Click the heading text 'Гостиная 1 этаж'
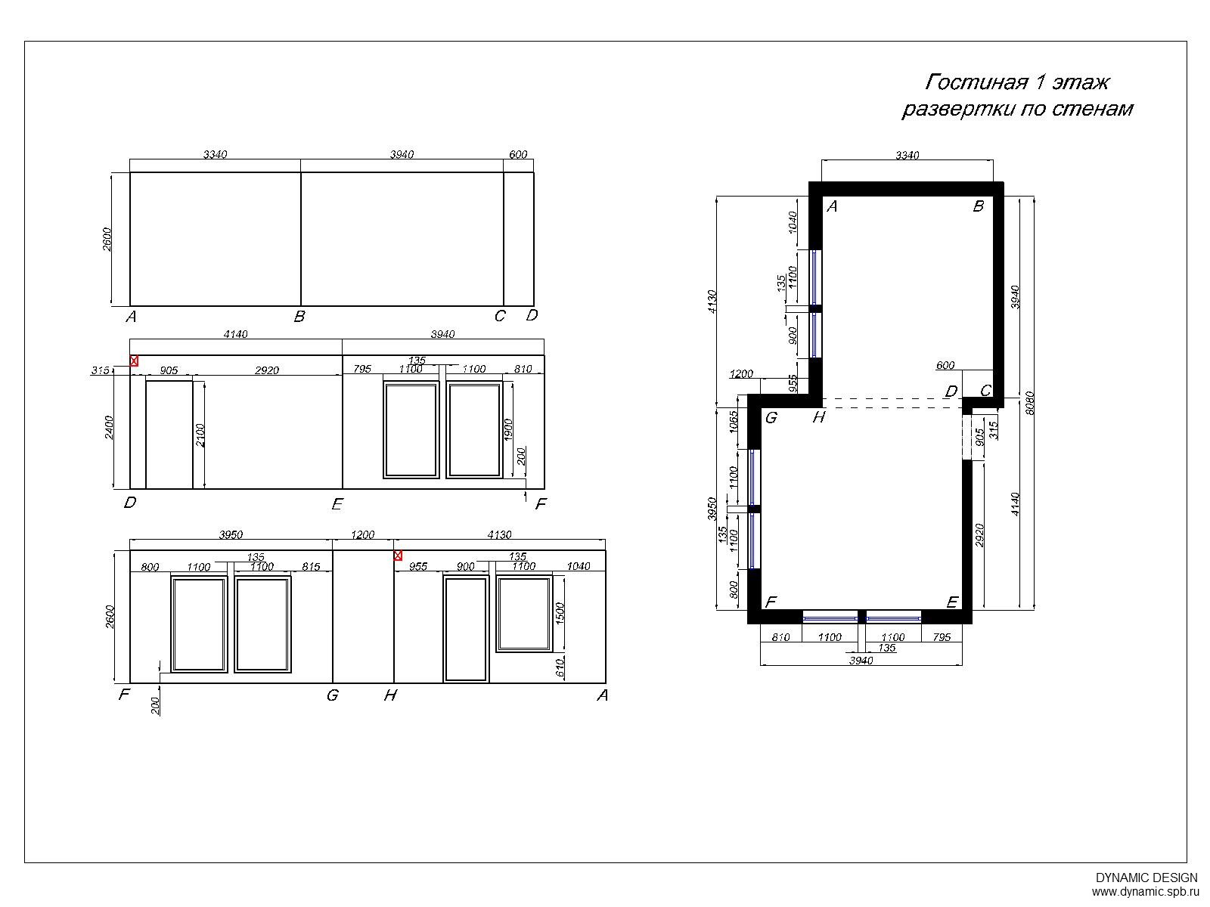tap(1016, 82)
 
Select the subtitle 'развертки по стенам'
tap(1017, 109)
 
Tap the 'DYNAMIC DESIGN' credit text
tap(1146, 878)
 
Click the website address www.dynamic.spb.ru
tap(1146, 892)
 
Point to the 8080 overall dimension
tap(1030, 404)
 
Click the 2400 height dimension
tap(109, 428)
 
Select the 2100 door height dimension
tap(200, 435)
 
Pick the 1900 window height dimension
tap(508, 429)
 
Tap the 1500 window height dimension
tap(560, 614)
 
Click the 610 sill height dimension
tap(560, 668)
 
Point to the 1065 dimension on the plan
tap(734, 421)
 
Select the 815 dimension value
tap(311, 567)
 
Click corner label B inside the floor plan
tap(979, 206)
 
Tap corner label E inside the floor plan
tap(952, 602)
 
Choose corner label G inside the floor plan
tap(771, 418)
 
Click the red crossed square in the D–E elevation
tap(134, 361)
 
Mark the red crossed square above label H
tap(398, 556)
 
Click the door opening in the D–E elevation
tap(169, 433)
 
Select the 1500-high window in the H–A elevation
tap(523, 614)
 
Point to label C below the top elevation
tap(500, 316)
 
